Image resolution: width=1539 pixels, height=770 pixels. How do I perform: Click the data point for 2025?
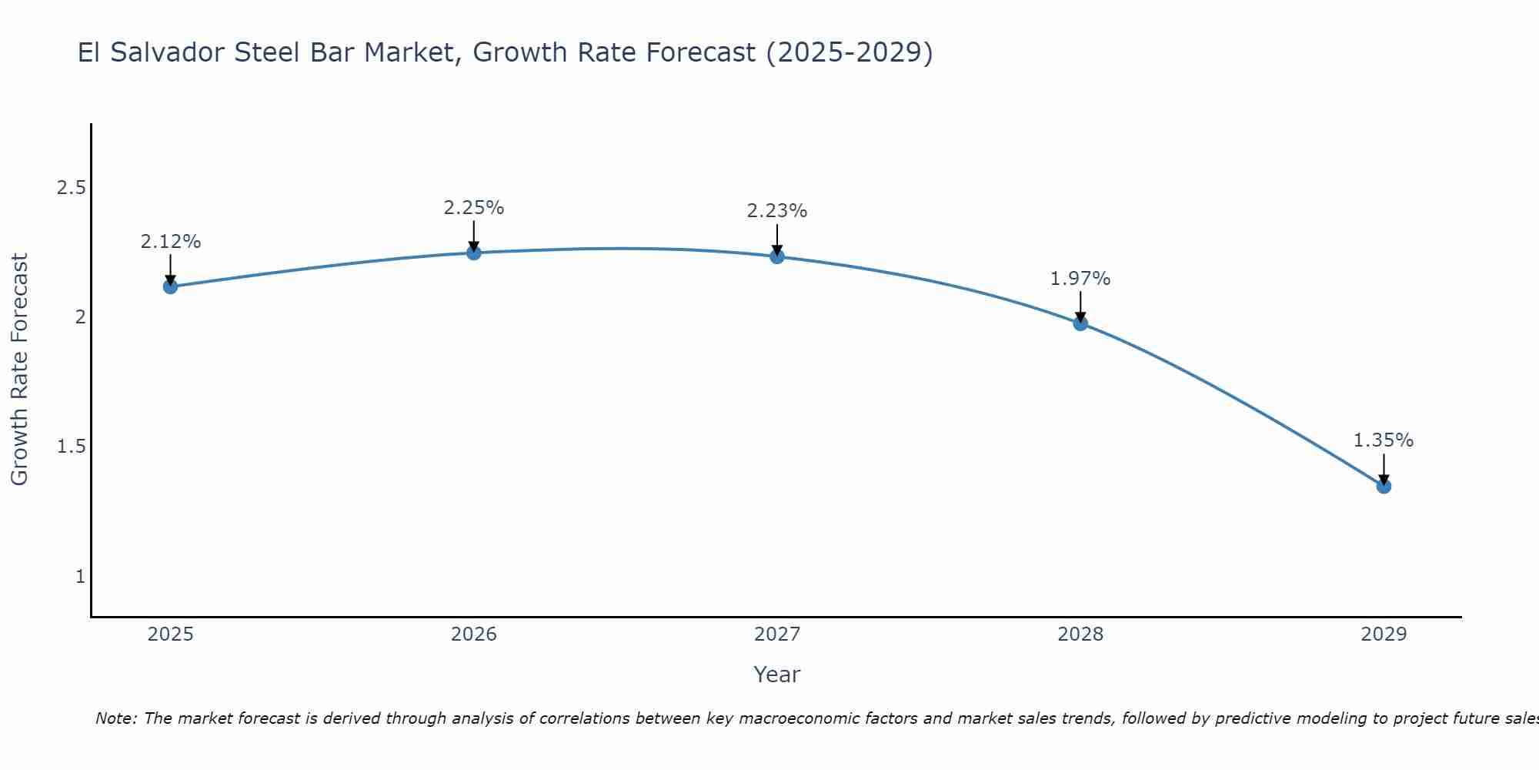pos(170,286)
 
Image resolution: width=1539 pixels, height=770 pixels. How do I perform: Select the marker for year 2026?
pos(473,253)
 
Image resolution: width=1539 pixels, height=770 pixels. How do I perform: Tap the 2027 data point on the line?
pos(776,256)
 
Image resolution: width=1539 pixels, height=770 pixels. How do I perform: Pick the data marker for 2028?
pos(1080,323)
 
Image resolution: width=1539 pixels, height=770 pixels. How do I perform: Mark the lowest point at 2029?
pos(1384,486)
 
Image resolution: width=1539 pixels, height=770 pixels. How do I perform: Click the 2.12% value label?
pos(170,242)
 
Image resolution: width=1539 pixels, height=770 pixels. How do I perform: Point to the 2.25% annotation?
pos(473,208)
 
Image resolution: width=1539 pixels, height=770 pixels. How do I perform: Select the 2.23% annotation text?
pos(776,211)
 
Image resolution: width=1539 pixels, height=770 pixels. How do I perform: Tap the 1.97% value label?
pos(1080,279)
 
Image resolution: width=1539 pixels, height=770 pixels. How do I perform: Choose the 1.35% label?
pos(1384,440)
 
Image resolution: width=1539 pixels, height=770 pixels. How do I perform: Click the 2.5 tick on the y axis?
pos(71,188)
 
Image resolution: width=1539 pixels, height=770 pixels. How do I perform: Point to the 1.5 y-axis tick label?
pos(71,447)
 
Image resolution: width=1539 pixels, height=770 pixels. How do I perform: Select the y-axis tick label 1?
pos(80,576)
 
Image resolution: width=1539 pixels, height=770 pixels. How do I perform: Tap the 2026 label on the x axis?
pos(473,634)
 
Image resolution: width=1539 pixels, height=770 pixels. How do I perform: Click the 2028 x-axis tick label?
pos(1080,634)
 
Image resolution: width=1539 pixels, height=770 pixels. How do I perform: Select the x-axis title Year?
pos(776,675)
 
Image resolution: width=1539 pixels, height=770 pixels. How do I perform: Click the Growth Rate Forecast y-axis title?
pos(19,370)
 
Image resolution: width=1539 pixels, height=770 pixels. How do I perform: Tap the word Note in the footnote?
pos(115,718)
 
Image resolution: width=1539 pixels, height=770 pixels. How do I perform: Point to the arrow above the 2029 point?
pos(1384,468)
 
